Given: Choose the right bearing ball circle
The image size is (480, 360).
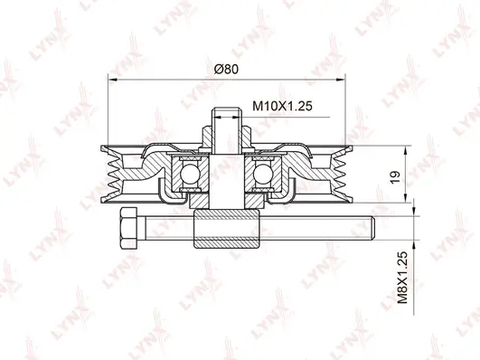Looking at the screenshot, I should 264,174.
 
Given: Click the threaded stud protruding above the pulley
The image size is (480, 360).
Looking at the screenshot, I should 226,122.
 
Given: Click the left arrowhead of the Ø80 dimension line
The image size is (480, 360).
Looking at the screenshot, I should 111,79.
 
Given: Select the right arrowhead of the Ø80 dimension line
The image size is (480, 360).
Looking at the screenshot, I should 341,79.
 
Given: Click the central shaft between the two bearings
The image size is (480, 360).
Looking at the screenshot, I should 226,176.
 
